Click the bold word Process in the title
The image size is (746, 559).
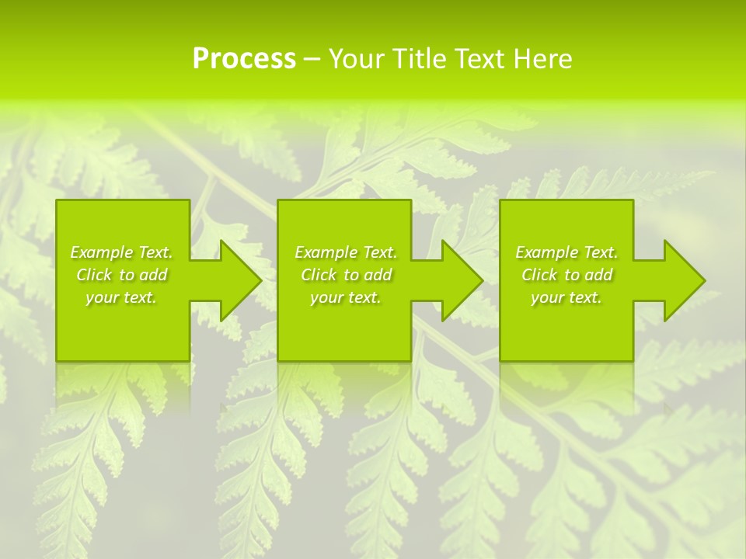244,59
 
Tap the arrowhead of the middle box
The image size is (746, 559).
461,280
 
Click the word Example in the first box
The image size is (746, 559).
102,252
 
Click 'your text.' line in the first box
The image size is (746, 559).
121,297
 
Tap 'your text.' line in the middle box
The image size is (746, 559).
346,297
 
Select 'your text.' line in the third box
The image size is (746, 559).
566,297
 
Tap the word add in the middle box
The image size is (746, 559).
378,275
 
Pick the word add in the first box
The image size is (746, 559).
153,275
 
